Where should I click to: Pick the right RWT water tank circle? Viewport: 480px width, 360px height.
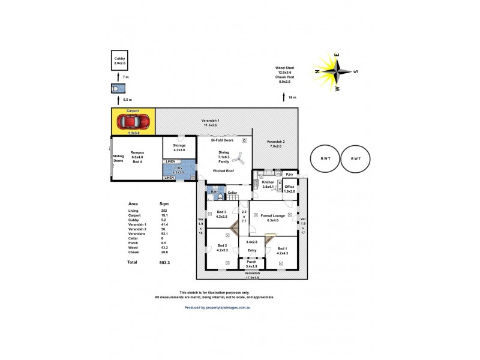tap(356, 158)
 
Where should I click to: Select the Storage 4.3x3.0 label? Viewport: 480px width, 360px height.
tap(179, 148)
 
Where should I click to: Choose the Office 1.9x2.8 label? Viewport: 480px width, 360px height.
tap(290, 188)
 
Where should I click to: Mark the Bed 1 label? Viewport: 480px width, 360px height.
tap(282, 251)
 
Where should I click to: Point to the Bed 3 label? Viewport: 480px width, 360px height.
tap(222, 214)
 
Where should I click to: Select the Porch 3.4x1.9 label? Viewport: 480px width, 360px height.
tap(251, 264)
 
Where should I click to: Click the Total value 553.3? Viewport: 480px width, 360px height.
tap(164, 262)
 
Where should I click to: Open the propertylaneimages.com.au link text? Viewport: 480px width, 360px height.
tap(217, 307)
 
